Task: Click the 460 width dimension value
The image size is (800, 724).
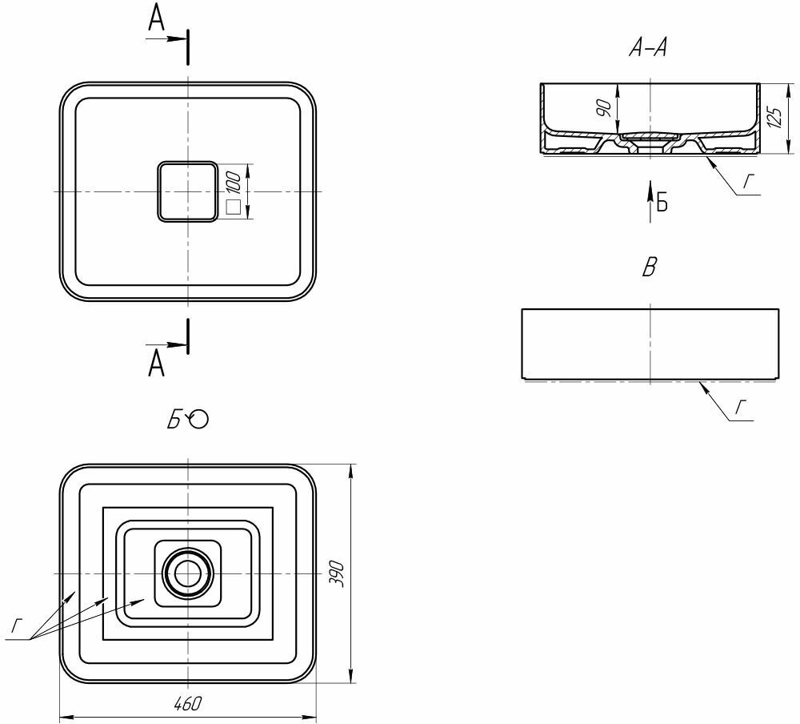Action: pyautogui.click(x=188, y=703)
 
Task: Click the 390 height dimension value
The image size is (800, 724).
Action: pyautogui.click(x=338, y=573)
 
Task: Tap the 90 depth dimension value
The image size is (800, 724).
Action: pyautogui.click(x=604, y=108)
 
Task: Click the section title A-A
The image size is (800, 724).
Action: pyautogui.click(x=648, y=49)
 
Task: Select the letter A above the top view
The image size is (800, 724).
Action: pyautogui.click(x=157, y=19)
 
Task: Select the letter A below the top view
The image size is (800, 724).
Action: pyautogui.click(x=157, y=364)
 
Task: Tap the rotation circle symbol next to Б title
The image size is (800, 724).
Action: pyautogui.click(x=198, y=419)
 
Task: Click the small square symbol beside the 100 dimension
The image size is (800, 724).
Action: pyautogui.click(x=234, y=207)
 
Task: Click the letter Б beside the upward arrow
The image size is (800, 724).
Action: pyautogui.click(x=662, y=203)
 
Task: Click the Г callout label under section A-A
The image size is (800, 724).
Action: pyautogui.click(x=748, y=181)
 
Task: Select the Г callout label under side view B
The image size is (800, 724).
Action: pyautogui.click(x=741, y=407)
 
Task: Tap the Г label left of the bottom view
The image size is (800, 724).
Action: pyautogui.click(x=17, y=625)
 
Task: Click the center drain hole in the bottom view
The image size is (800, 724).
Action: pyautogui.click(x=188, y=573)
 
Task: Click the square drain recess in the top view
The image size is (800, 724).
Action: pyautogui.click(x=188, y=191)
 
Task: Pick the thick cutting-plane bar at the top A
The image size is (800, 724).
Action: pyautogui.click(x=189, y=47)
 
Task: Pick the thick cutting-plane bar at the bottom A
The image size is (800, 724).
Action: pyautogui.click(x=189, y=336)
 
